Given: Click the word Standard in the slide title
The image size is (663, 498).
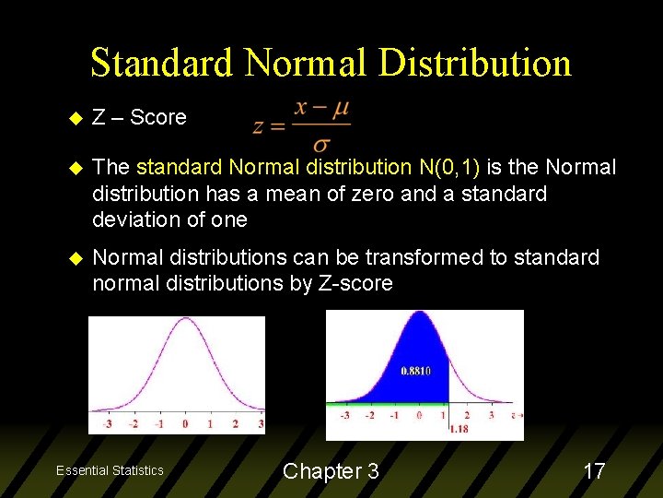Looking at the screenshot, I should click(x=161, y=63).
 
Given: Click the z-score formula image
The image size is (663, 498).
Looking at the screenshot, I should click(x=302, y=125).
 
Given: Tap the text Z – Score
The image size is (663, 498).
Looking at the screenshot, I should click(x=140, y=117).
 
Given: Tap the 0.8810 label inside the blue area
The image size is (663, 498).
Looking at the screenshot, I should click(x=416, y=371).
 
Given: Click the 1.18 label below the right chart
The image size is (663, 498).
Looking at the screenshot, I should click(x=458, y=429).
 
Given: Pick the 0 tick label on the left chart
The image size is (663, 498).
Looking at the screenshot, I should click(x=185, y=424).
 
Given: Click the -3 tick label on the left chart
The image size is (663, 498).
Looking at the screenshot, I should click(x=108, y=424).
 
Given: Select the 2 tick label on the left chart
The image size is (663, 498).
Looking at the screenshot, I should click(x=236, y=424).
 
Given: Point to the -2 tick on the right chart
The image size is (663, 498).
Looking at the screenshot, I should click(x=369, y=415).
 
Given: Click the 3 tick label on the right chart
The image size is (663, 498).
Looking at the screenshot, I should click(x=491, y=415).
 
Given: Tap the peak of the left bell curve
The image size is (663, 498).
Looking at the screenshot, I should click(x=186, y=321).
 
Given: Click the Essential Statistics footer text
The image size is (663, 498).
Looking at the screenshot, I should click(x=110, y=471).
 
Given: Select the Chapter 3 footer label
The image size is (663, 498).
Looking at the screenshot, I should click(x=331, y=471).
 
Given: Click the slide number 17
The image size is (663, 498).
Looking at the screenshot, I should click(x=594, y=471).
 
